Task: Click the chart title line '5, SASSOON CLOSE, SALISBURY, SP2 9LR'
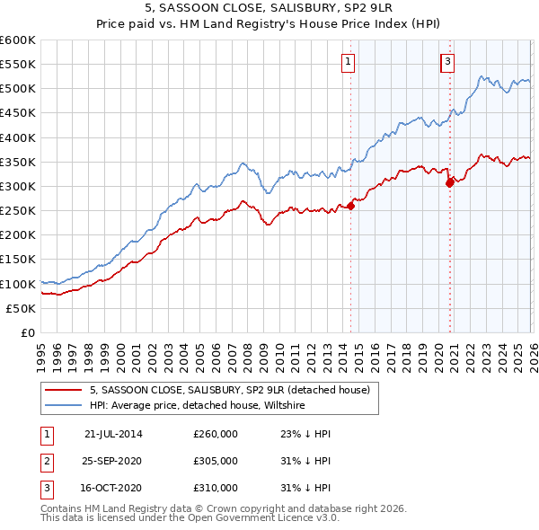click(269, 10)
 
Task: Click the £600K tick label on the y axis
click(18, 40)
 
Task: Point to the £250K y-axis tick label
click(18, 210)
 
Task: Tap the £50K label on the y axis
click(22, 308)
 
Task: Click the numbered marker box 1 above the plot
click(348, 62)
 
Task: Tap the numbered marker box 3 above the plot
click(446, 62)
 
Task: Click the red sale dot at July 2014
click(351, 206)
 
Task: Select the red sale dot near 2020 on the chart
click(450, 182)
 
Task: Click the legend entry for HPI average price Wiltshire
click(198, 405)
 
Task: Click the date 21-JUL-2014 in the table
click(113, 433)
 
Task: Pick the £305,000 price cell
click(216, 461)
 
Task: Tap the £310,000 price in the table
click(216, 489)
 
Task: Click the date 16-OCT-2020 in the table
click(113, 489)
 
